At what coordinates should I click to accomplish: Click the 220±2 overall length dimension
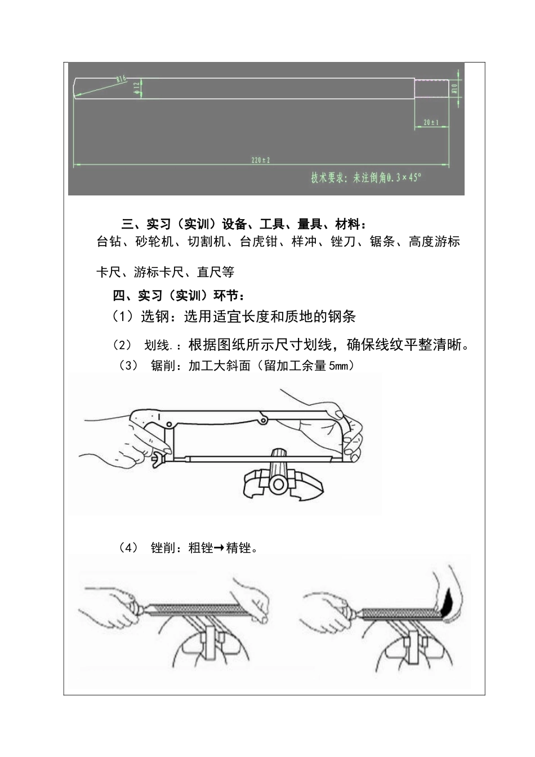coord(261,161)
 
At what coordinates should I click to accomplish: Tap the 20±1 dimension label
coord(431,122)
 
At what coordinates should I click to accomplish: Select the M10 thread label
coord(454,88)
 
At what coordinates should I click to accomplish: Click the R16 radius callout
coord(121,79)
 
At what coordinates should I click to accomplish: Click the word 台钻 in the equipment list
coord(109,242)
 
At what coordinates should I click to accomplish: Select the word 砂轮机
coord(154,242)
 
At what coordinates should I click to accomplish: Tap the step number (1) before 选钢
coord(123,317)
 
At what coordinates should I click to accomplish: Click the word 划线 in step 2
coord(157,345)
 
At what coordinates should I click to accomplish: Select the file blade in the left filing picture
coord(191,607)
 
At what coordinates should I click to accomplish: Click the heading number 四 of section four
coord(119,296)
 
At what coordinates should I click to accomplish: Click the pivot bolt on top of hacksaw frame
coord(262,420)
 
